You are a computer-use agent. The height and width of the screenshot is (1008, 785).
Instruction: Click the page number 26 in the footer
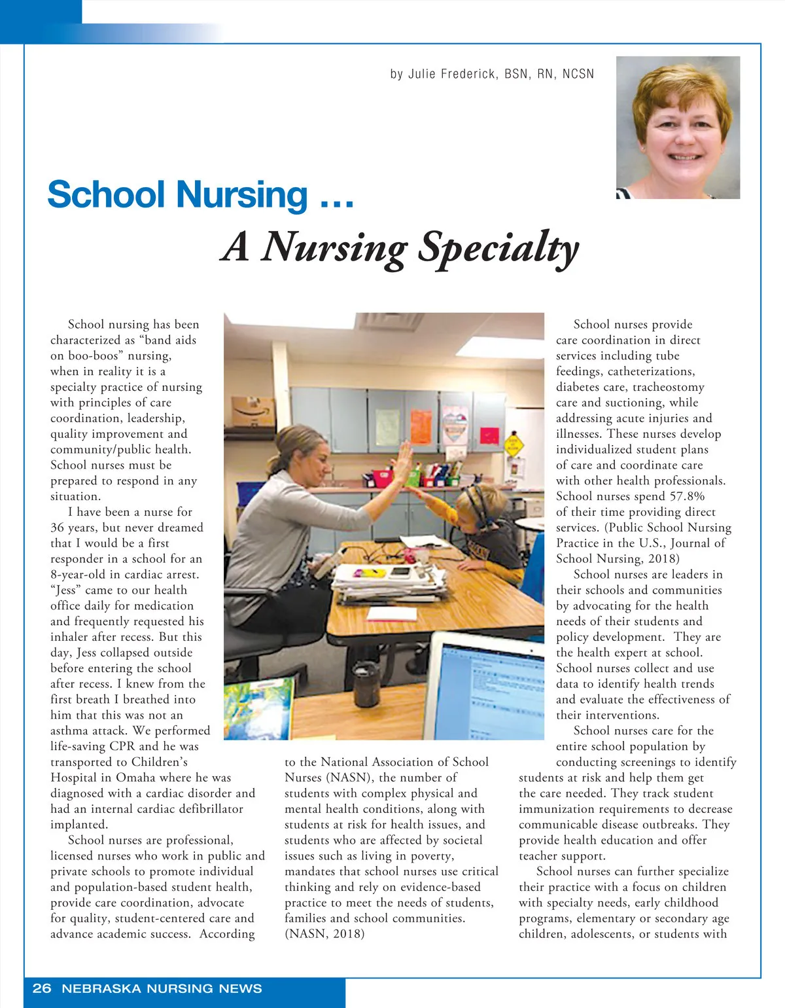42,988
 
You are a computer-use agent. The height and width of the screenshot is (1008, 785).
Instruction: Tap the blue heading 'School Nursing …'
200,195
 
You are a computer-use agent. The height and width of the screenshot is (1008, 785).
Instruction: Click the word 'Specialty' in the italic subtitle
498,248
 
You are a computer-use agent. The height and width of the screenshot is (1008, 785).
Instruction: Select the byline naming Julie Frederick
492,74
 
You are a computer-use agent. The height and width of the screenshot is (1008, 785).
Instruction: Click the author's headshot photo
678,128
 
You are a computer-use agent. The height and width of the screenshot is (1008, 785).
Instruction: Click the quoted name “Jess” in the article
66,590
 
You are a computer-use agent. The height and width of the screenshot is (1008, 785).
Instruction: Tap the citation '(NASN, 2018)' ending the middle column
324,934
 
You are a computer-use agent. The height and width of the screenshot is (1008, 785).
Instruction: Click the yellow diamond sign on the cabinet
514,446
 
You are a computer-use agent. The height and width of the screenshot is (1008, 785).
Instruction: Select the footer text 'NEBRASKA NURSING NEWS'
162,988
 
